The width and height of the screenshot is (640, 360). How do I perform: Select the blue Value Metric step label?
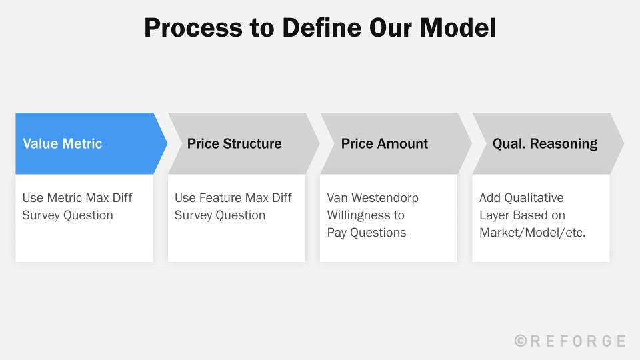coord(63,143)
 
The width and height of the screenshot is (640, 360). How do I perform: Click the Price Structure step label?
coord(234,143)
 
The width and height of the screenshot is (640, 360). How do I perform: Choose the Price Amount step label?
coord(385,143)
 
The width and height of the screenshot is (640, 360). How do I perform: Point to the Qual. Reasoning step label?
coord(545,143)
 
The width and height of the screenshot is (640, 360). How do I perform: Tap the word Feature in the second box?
coord(220,198)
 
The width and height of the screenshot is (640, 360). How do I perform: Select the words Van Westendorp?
coord(373,198)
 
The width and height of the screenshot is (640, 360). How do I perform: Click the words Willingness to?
coord(365,215)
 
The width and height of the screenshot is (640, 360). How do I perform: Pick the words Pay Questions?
coord(366,233)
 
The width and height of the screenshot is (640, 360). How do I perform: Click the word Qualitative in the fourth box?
coord(533,198)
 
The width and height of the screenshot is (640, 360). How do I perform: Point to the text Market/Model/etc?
coord(532,233)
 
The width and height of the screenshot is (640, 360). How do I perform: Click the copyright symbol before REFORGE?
coord(521,341)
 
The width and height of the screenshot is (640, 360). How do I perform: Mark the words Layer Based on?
coord(522,215)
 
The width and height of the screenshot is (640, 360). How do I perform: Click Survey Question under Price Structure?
coord(220,215)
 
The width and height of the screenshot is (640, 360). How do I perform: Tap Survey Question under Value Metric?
coord(67,215)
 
